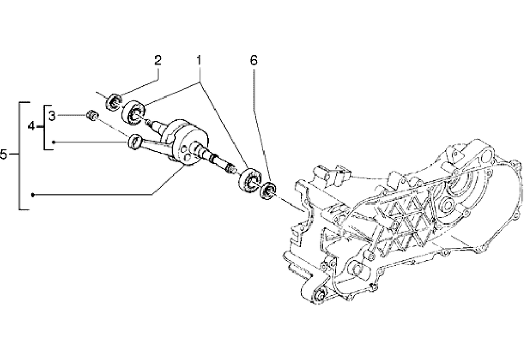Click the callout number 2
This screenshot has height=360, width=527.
tap(158, 61)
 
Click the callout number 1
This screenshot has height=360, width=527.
tap(199, 61)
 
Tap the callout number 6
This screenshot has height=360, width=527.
tap(253, 61)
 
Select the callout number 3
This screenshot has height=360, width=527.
tap(52, 115)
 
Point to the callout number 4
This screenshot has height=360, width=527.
tap(32, 127)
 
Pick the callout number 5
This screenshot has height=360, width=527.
tap(4, 154)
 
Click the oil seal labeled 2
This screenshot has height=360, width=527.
tap(114, 102)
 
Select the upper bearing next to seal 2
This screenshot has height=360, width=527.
tap(134, 111)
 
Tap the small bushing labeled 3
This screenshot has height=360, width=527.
tap(91, 115)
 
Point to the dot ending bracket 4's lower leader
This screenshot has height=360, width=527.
tap(53, 142)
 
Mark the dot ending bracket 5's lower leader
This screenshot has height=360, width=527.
tap(33, 195)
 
